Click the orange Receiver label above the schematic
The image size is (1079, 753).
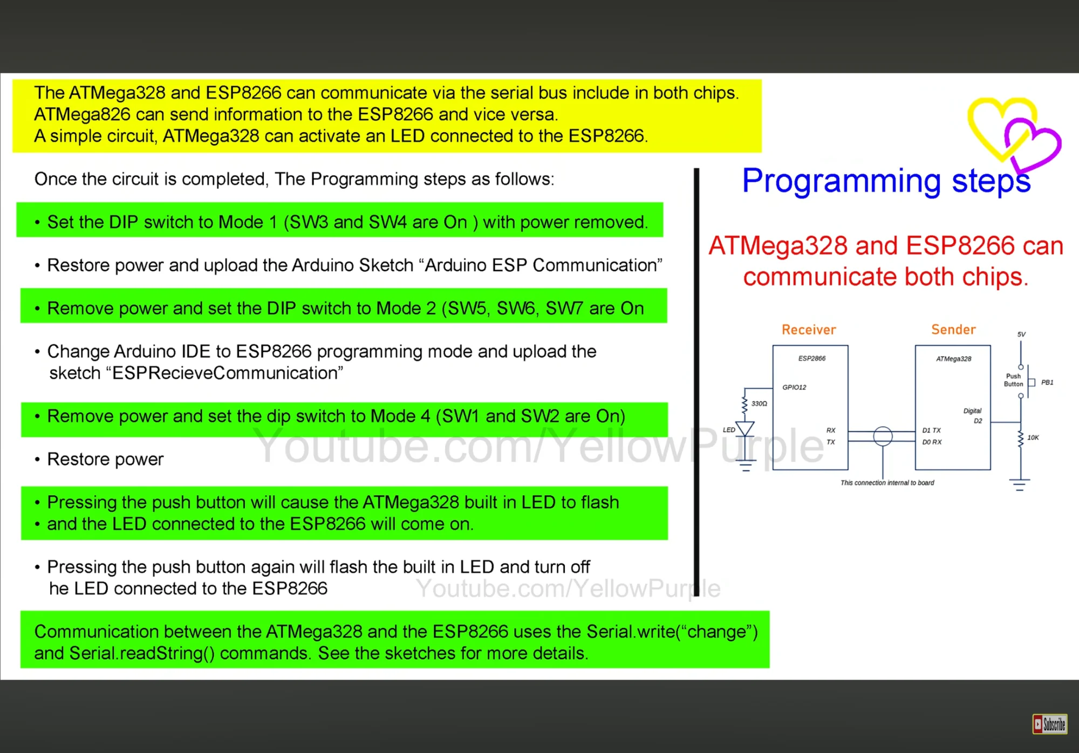[x=809, y=330]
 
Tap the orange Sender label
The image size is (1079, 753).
[x=953, y=330]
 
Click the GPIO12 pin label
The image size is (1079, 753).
[x=794, y=387]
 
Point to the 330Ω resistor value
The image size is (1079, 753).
[x=759, y=403]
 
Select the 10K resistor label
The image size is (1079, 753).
[x=1033, y=437]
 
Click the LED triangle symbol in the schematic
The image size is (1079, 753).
[x=745, y=429]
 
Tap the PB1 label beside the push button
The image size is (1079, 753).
[x=1047, y=382]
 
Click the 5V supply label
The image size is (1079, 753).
[x=1021, y=334]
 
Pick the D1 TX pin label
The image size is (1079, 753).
[x=931, y=430]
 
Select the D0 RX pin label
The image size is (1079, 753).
[x=932, y=442]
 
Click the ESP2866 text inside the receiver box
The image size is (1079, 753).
[x=812, y=358]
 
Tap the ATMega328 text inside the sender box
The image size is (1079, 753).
[x=953, y=359]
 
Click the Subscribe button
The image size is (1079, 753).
[x=1049, y=724]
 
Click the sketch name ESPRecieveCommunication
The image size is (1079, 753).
[x=227, y=373]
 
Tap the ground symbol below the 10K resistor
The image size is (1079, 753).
[x=1020, y=484]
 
